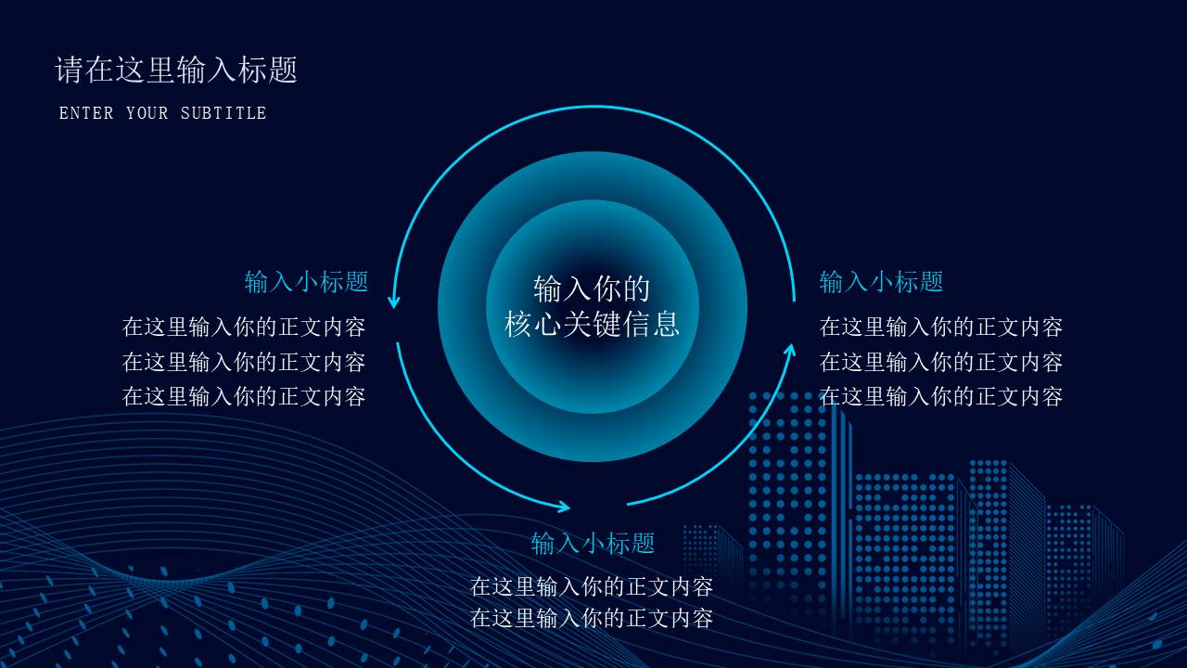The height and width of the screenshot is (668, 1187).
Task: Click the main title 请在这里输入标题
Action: tap(176, 70)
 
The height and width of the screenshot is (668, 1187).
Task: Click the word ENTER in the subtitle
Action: tap(86, 113)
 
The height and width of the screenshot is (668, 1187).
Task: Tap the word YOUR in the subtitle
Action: tap(147, 113)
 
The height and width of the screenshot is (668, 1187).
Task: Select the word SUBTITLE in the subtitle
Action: tap(223, 113)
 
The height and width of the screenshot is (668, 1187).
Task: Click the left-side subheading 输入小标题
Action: tap(306, 281)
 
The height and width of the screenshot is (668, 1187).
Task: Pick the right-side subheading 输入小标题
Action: tap(881, 281)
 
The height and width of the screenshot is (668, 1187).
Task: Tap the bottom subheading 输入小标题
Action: tap(593, 543)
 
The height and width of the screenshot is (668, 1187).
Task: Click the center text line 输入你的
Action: tap(592, 289)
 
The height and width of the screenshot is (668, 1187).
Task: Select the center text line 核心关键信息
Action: tap(592, 323)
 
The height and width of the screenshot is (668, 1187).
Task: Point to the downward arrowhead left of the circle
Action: tap(394, 302)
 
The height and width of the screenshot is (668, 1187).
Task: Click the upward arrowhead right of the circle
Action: tap(790, 350)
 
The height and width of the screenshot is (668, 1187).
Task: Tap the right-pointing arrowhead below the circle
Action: tap(563, 507)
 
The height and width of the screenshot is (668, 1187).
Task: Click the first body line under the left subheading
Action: tap(244, 327)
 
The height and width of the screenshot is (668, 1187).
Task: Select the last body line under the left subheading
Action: tap(244, 396)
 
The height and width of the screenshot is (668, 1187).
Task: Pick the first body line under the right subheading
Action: tap(940, 327)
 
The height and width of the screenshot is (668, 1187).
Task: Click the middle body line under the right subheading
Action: tap(940, 362)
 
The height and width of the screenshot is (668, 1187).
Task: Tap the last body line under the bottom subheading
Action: tap(592, 618)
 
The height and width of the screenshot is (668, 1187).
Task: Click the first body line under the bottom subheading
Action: tap(592, 586)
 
